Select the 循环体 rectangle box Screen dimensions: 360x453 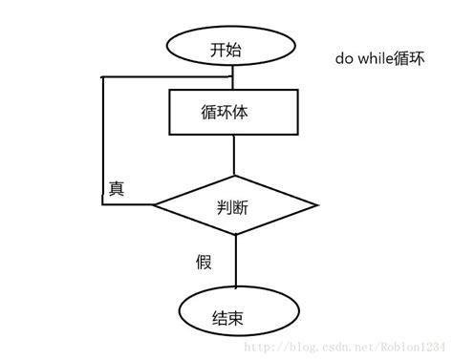coord(232,112)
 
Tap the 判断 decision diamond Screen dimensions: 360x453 coord(234,203)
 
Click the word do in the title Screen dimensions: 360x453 coord(343,58)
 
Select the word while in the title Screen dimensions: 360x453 coord(376,58)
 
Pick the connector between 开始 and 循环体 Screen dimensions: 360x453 coord(233,79)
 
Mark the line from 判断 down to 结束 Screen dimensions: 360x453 coord(233,258)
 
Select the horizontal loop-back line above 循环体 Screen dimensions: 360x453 coord(162,74)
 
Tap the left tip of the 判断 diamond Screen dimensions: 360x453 coord(156,203)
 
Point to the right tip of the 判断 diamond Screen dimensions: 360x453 coord(316,203)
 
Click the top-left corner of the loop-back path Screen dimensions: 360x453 coord(102,74)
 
